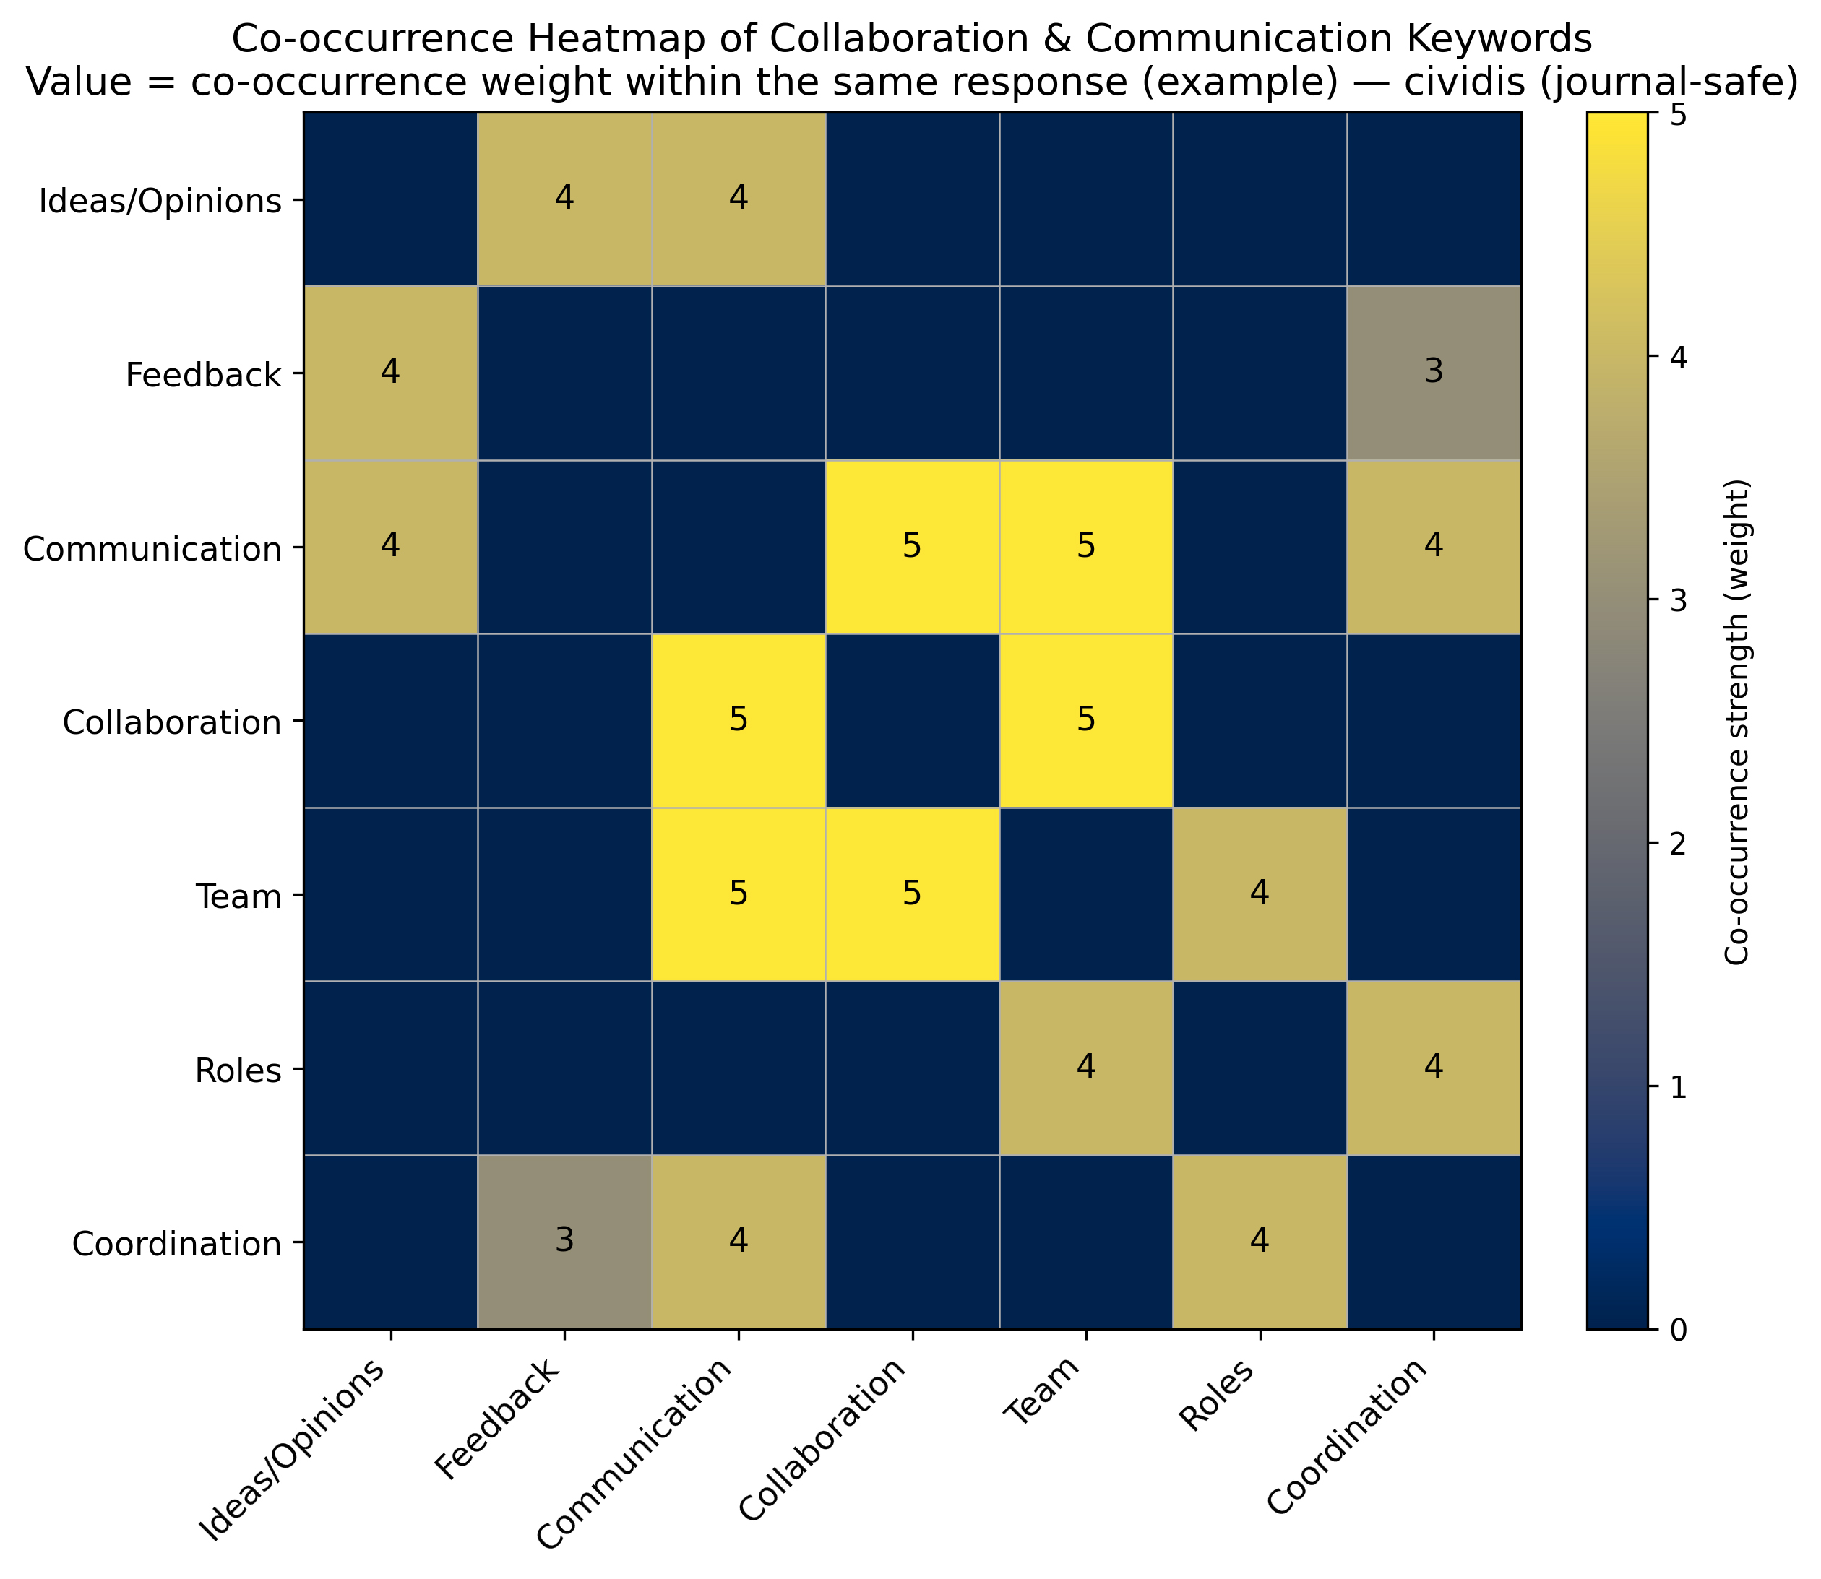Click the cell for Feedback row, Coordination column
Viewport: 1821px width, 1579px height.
tap(1434, 373)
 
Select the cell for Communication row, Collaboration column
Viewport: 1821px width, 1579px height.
tap(911, 546)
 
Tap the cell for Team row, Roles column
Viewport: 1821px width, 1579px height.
tap(1260, 894)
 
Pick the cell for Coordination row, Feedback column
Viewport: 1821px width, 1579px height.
tap(564, 1242)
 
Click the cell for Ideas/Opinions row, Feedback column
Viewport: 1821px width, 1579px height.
tap(564, 199)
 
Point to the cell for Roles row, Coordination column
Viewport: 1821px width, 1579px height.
tap(1434, 1068)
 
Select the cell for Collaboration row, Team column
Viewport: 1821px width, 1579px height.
tap(1086, 721)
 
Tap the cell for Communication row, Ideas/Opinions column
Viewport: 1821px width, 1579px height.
tap(390, 546)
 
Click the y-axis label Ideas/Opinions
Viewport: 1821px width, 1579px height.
tap(160, 202)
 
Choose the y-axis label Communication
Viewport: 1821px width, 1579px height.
tap(152, 549)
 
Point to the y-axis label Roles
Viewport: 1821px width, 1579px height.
tap(238, 1070)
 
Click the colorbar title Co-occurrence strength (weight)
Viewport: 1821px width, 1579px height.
tap(1736, 722)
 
